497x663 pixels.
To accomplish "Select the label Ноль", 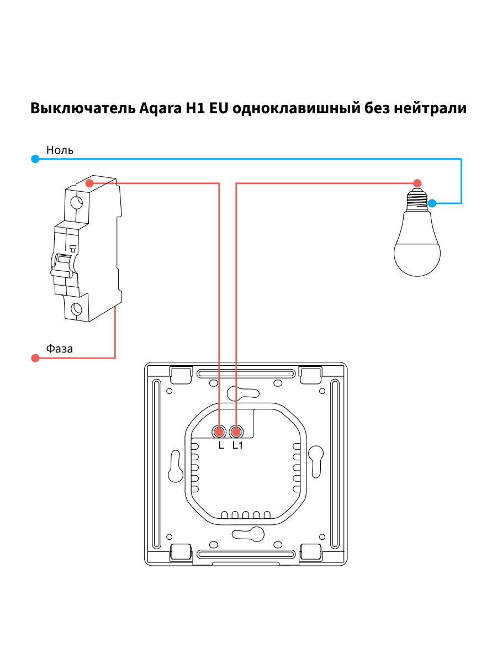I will tap(60, 150).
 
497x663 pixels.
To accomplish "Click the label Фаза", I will tap(60, 349).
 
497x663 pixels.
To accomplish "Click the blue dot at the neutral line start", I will tap(35, 159).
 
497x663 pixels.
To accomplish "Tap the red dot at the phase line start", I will tap(35, 358).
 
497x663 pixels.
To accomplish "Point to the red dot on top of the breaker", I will tap(89, 183).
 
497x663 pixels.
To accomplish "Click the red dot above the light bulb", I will tap(417, 183).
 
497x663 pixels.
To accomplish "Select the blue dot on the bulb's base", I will tap(432, 203).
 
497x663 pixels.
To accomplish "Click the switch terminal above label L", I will tap(220, 432).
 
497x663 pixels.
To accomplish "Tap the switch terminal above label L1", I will tap(237, 432).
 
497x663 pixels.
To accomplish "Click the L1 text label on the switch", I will tap(237, 445).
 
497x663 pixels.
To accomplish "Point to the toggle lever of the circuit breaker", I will tap(62, 265).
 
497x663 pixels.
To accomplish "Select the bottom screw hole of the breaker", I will tap(78, 308).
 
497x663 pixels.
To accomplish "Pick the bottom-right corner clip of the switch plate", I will tap(310, 552).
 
